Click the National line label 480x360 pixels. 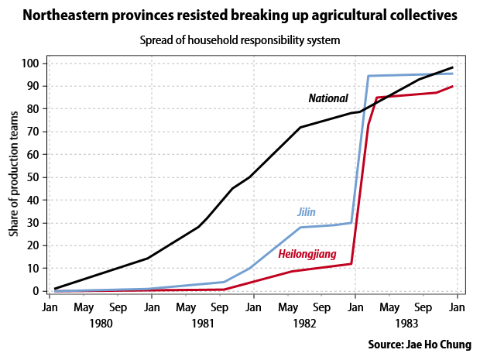coord(328,98)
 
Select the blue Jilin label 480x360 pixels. coord(307,212)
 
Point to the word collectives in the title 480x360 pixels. coord(419,15)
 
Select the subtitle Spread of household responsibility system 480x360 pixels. coord(241,40)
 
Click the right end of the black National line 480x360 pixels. coord(452,67)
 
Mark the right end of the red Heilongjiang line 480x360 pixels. coord(452,86)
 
